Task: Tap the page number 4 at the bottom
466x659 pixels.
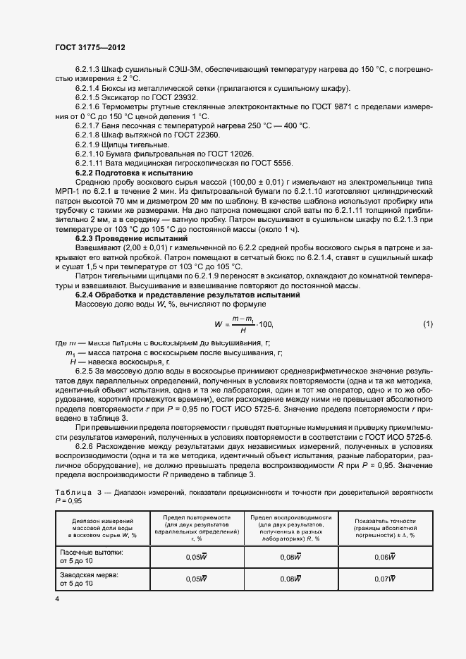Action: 57,598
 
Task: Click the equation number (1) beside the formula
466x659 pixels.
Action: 427,304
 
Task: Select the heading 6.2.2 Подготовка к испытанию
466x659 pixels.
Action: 133,172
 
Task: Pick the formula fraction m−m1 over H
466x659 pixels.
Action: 243,304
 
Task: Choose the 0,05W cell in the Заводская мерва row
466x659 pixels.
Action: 196,579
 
